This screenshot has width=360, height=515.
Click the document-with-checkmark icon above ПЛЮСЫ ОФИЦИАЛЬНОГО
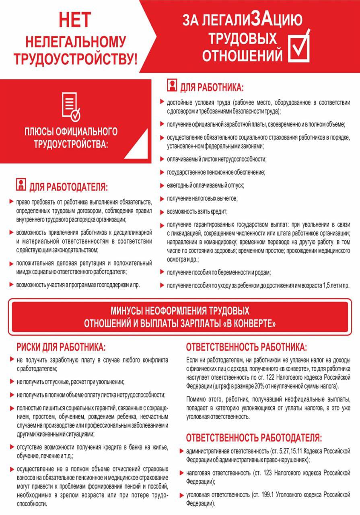point(71,107)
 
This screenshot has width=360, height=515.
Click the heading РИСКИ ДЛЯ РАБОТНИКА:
point(61,347)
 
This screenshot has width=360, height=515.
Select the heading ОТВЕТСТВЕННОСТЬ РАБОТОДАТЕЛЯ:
point(253,437)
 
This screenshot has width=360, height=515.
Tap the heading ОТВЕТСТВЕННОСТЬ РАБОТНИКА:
point(246,347)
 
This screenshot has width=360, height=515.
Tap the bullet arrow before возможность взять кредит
point(163,211)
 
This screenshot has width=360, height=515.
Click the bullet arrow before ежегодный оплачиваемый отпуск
point(163,185)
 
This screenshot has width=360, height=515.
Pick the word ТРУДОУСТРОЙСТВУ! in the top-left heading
point(76,59)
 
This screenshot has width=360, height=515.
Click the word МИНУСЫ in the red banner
point(128,311)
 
